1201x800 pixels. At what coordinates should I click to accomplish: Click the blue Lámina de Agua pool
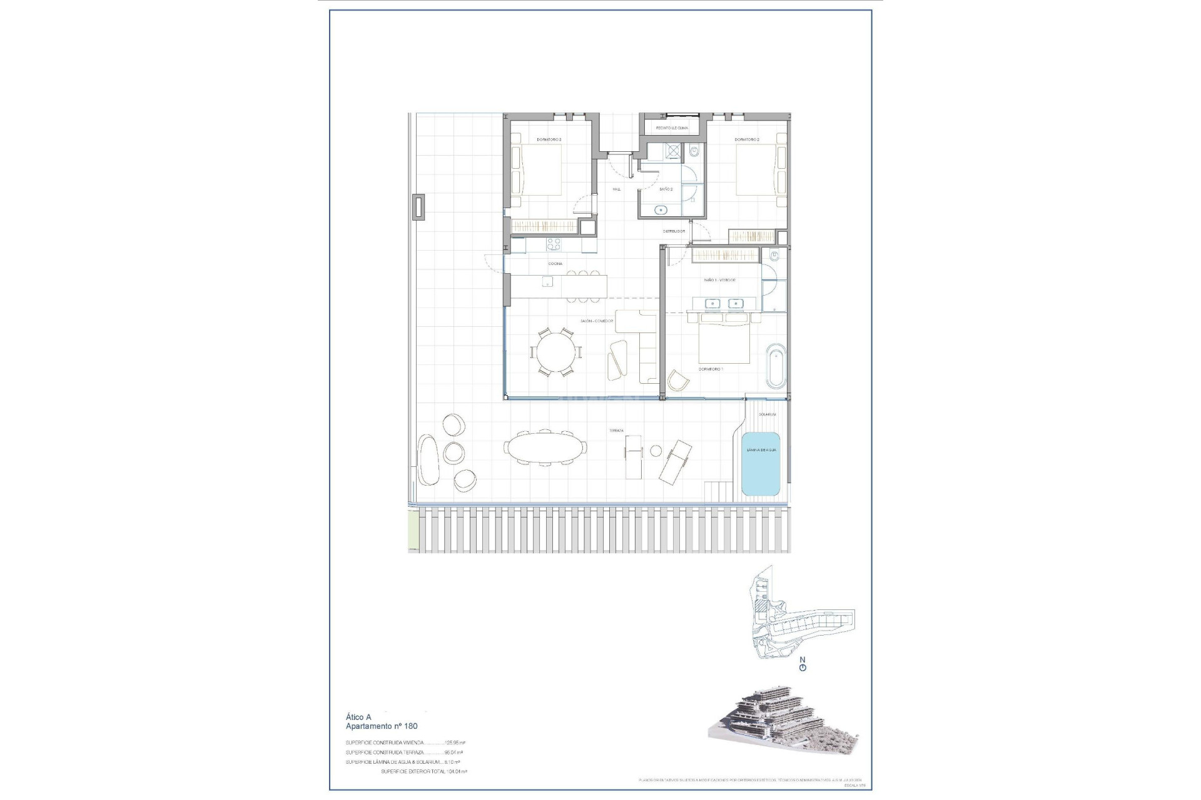[x=761, y=464]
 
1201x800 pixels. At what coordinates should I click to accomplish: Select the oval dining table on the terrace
[x=545, y=447]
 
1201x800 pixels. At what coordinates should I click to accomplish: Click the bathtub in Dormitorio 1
[x=775, y=365]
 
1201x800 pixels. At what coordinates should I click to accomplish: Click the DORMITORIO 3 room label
[x=549, y=139]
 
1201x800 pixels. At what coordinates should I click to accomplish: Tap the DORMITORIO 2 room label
[x=747, y=139]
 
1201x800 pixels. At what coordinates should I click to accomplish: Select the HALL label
[x=617, y=189]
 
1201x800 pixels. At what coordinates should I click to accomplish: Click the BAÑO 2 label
[x=666, y=189]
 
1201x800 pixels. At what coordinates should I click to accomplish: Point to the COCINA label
[x=555, y=264]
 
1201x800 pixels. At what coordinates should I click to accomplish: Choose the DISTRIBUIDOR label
[x=674, y=231]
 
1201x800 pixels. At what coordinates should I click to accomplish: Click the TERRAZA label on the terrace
[x=617, y=431]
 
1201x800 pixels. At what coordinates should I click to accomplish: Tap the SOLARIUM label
[x=768, y=414]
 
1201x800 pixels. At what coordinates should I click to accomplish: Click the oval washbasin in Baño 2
[x=661, y=210]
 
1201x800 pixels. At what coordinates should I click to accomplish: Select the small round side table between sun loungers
[x=656, y=451]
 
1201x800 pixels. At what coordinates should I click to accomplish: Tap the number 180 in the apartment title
[x=409, y=726]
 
